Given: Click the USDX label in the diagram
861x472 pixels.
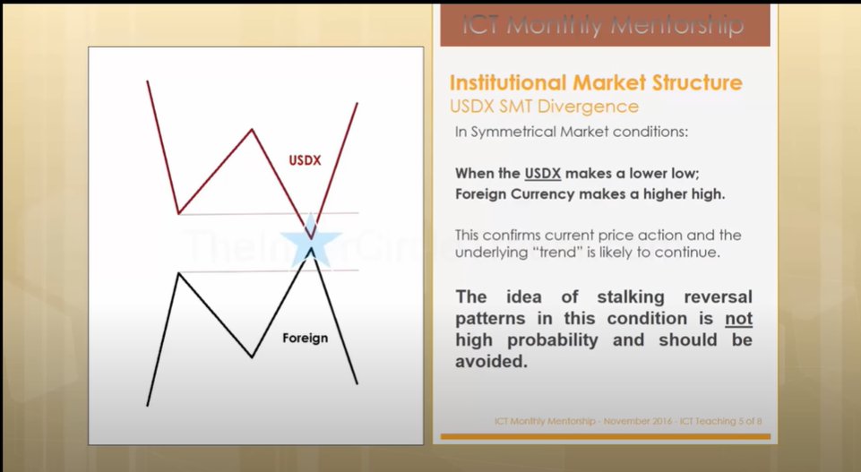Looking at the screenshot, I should (x=305, y=161).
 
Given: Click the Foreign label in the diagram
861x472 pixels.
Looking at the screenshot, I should (x=305, y=339).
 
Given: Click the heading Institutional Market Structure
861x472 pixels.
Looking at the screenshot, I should (x=595, y=83).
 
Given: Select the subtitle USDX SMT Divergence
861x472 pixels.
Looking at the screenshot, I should (x=543, y=107).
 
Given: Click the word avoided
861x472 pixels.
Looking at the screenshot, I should (x=491, y=364).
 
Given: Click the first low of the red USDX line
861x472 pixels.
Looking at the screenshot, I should (x=179, y=214).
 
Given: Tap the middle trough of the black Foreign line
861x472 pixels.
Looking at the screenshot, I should (x=253, y=357).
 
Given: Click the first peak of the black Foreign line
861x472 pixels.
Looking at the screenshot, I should (x=179, y=272).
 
